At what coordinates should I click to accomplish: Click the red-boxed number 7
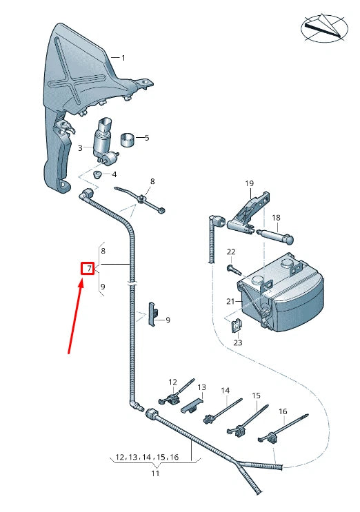[87, 267]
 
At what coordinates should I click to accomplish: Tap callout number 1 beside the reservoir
[123, 58]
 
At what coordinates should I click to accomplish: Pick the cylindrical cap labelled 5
[127, 141]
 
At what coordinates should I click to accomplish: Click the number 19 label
[250, 183]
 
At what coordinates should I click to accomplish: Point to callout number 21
[230, 302]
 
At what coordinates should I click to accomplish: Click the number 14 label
[225, 391]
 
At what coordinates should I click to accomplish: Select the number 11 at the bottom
[155, 473]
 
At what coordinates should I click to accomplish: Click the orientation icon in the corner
[325, 28]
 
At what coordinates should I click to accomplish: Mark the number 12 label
[172, 382]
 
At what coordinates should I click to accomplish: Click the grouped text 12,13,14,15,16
[146, 458]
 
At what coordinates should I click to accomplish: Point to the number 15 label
[256, 396]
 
